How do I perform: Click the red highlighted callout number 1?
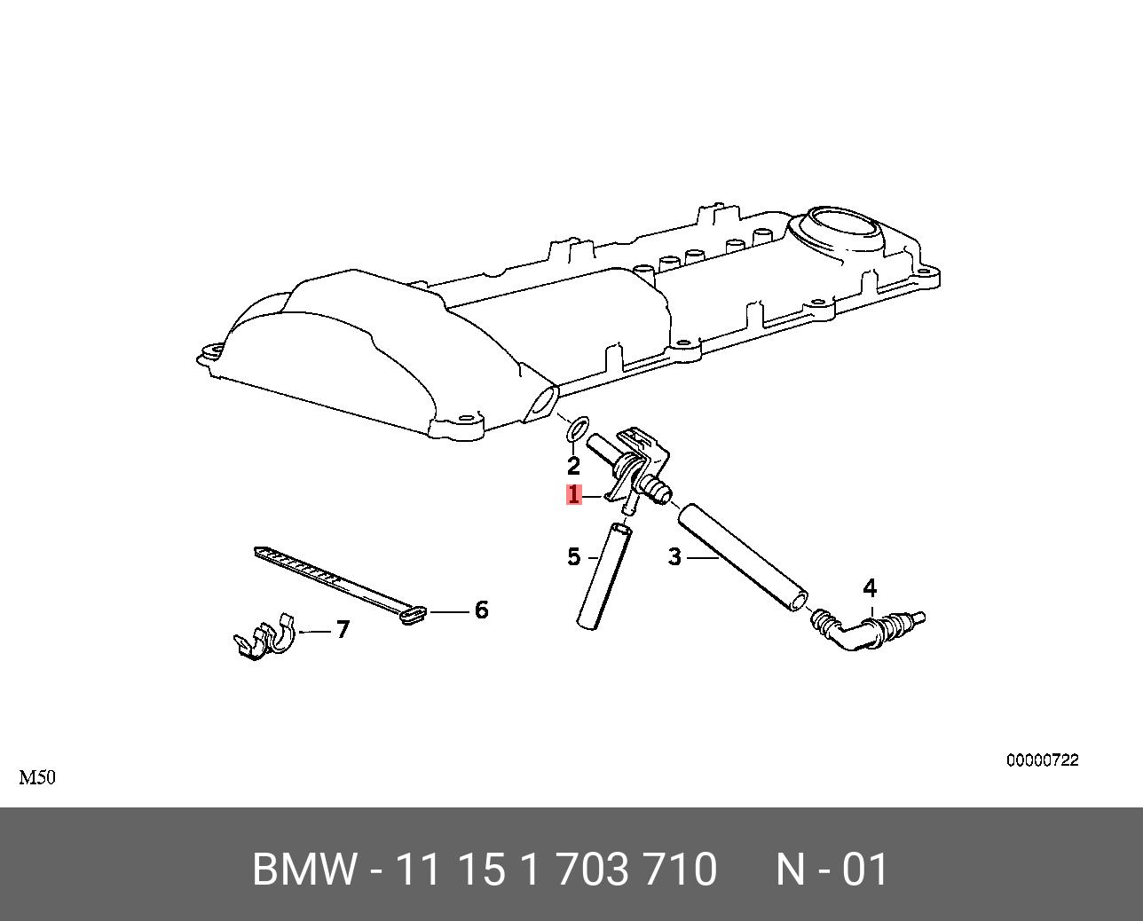(x=574, y=495)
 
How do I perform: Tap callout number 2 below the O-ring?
(x=573, y=466)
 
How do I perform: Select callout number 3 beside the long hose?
(x=675, y=557)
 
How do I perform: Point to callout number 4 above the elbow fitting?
(x=870, y=587)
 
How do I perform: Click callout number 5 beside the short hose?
(x=573, y=557)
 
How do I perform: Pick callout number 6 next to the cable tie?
(x=481, y=610)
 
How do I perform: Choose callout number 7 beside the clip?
(x=343, y=630)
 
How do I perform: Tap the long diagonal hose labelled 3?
(x=742, y=558)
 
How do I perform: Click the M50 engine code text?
(x=37, y=778)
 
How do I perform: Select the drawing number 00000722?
(x=1042, y=760)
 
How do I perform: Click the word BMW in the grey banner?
(x=305, y=870)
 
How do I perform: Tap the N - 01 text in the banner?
(x=832, y=870)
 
